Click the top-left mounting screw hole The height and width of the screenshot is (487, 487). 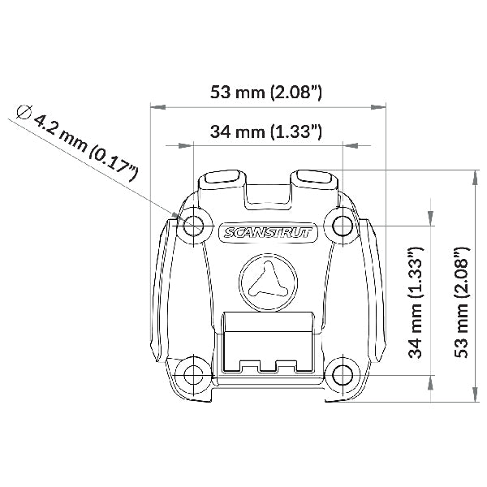pos(193,226)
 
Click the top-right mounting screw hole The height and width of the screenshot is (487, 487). pos(343,226)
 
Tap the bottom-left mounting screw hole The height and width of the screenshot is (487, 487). pos(193,375)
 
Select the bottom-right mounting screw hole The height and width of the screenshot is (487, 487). pos(343,375)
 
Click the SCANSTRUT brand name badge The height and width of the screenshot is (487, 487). pos(268,232)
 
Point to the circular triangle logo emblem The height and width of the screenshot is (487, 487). pos(268,282)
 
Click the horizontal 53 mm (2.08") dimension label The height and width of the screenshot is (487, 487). pos(266,93)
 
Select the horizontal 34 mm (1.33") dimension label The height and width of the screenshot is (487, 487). pos(266,131)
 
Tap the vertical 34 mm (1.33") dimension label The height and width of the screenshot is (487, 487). pos(416,303)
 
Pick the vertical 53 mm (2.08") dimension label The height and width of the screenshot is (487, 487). pos(462,303)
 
